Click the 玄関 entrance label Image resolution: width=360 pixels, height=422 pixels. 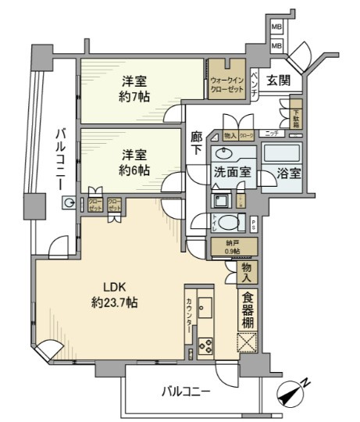point(279,80)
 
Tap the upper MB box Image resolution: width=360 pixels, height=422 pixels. point(276,28)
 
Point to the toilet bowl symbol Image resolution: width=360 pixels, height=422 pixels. point(227,223)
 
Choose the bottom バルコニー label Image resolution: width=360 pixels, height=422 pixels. point(184,391)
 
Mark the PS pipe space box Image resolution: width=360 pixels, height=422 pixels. point(255,224)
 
